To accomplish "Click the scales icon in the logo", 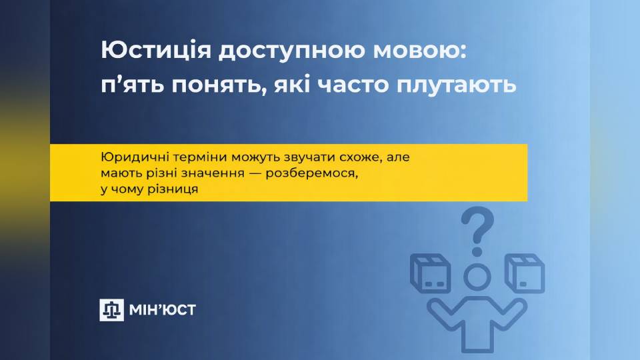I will point(111,309).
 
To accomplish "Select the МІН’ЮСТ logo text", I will point(163,309).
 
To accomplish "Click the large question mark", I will point(477,230).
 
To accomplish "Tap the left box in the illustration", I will point(430,274).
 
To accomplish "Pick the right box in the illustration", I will point(525,274).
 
